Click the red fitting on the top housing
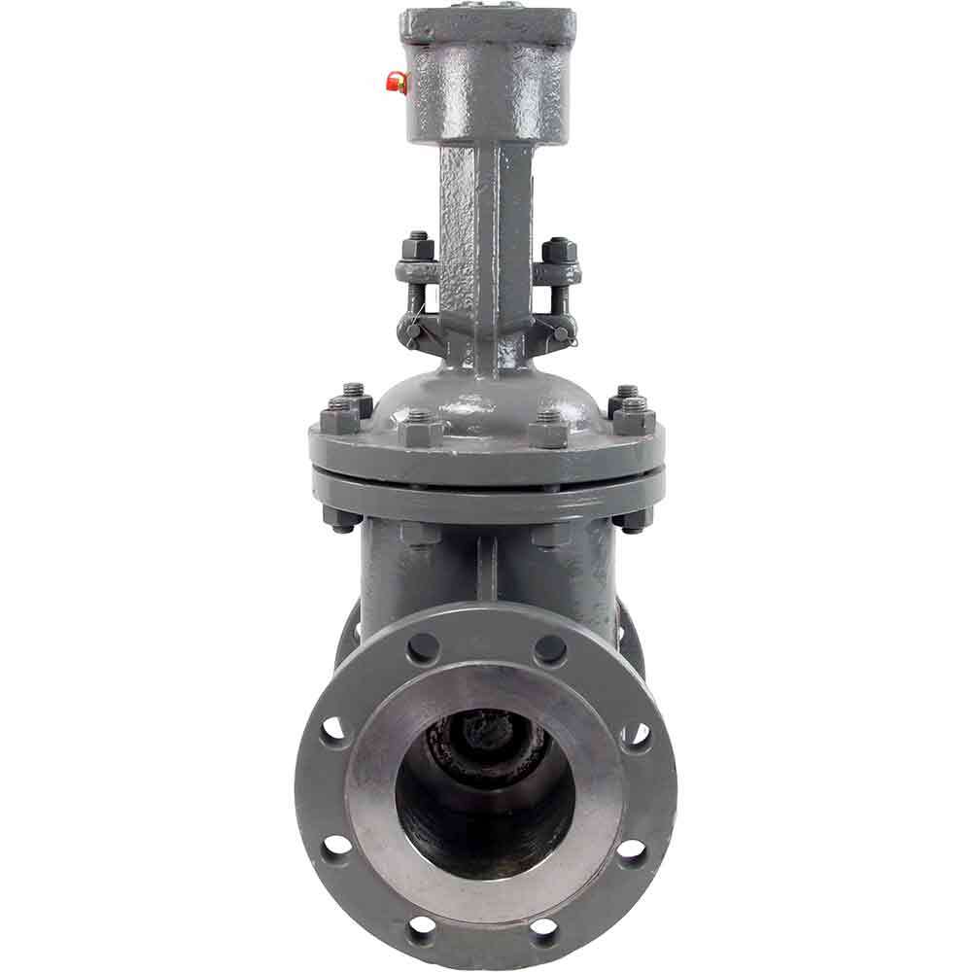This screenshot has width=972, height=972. [x=397, y=83]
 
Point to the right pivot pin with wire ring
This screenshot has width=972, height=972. [x=563, y=332]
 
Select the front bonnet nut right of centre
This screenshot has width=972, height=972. [x=549, y=428]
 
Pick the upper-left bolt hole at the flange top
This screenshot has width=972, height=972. [x=422, y=647]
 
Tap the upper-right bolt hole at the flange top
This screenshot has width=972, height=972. [x=549, y=646]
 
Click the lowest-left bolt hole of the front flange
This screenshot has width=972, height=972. [x=424, y=923]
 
